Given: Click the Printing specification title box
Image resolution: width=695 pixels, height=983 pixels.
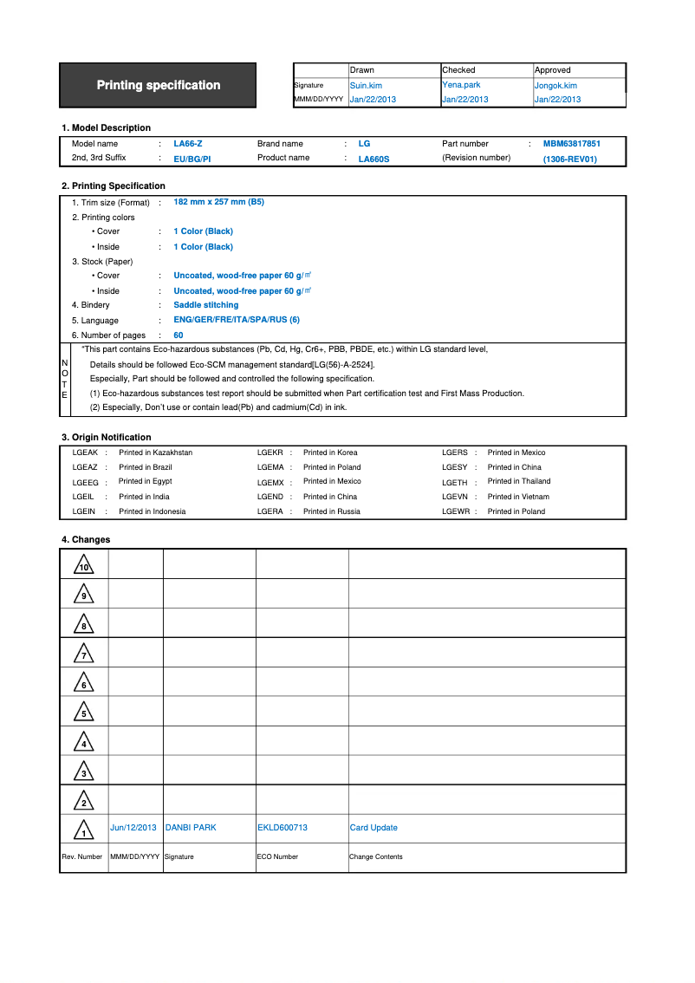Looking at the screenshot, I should coord(158,85).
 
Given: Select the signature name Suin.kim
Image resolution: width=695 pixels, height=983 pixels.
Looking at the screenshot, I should coord(365,86).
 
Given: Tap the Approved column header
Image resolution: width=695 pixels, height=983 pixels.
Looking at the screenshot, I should coord(552,70).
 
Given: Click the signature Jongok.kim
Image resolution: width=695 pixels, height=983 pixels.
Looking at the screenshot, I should coord(555,86).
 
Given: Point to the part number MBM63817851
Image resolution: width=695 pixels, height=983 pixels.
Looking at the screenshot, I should coord(571,144).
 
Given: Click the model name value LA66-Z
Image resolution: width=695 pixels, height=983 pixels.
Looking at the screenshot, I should coord(188,144).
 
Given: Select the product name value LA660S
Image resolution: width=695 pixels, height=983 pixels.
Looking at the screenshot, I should coord(373,159).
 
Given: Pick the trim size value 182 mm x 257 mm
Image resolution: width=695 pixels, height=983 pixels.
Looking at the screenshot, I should coord(218,202).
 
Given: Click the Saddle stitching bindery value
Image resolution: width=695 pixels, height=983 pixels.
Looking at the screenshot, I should coord(205,305).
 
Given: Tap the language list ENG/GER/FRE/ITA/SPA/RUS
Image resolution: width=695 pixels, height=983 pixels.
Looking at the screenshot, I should coord(236,320).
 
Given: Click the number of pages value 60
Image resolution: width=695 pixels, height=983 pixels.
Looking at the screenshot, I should coord(179,335).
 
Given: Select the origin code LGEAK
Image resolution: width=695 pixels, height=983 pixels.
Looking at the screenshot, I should coord(85,452).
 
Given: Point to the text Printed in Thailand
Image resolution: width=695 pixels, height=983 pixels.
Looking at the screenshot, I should coord(518,482).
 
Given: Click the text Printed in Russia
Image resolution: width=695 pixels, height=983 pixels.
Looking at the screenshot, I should coord(331,511).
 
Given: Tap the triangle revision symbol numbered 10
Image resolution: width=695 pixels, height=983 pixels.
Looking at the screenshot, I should coord(84,565).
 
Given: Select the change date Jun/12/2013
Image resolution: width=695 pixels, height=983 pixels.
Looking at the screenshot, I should coord(133,828).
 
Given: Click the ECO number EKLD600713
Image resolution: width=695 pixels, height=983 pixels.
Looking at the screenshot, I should coord(283,828).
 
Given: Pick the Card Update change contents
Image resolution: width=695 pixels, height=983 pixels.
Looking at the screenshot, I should coord(373,828).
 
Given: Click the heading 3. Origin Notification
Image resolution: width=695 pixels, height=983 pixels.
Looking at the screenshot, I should coord(106,438).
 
